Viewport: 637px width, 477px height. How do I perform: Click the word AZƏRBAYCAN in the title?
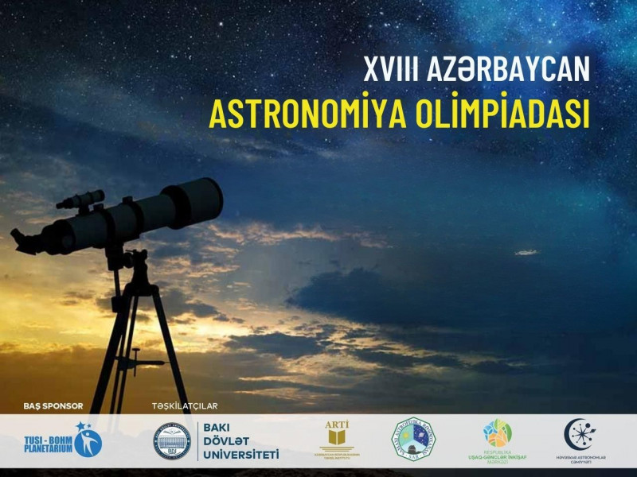511,69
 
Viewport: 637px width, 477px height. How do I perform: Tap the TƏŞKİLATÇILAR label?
185,405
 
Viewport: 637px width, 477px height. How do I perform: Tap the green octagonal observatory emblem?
412,439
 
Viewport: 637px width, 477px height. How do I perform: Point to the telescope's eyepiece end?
24,241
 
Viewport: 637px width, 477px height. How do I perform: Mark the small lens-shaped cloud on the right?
526,252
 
